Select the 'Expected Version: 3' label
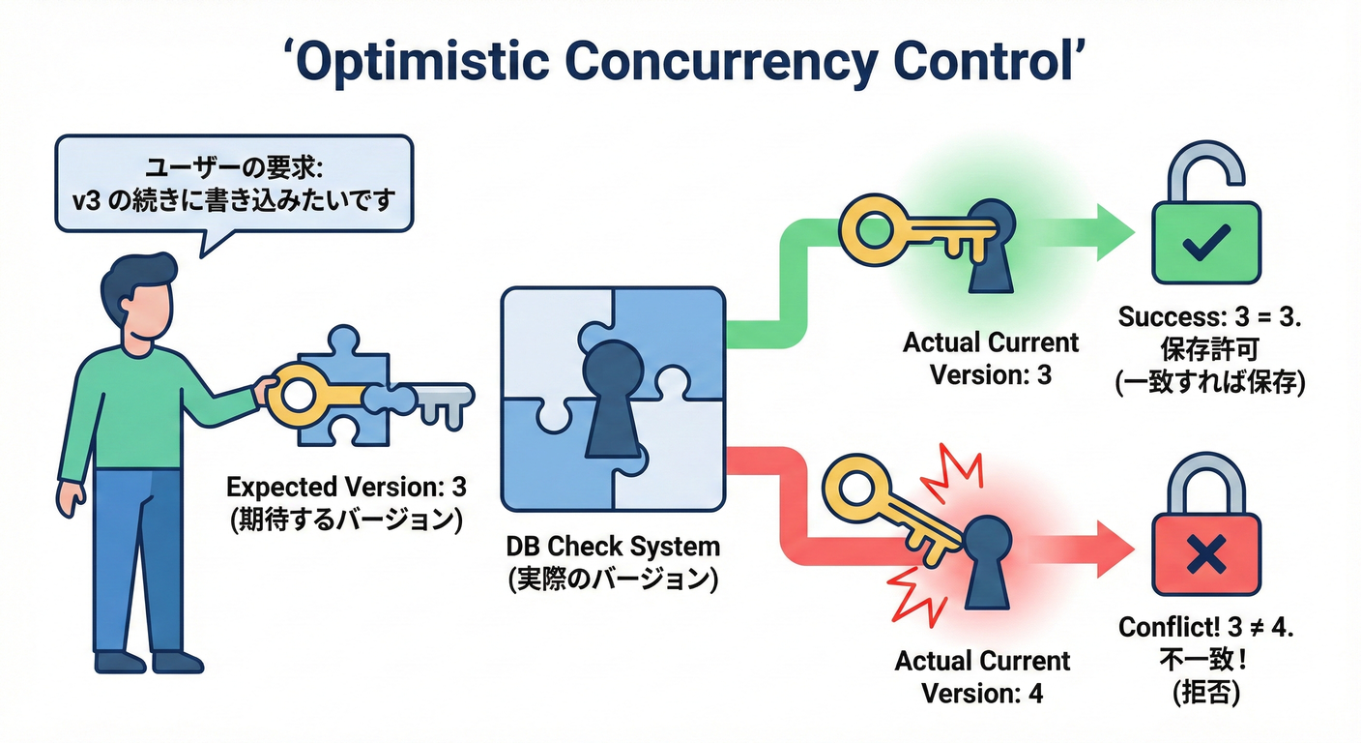345,487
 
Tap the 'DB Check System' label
613,547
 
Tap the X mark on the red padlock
1205,555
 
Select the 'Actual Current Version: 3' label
990,358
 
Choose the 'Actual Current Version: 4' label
982,677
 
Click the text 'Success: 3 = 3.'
1209,316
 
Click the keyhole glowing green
989,243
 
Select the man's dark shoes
150,662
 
